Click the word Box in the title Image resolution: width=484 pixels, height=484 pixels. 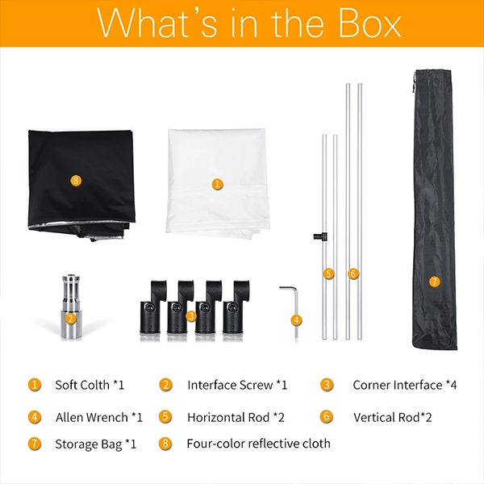pos(369,23)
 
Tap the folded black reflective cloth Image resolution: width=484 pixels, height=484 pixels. pos(81,185)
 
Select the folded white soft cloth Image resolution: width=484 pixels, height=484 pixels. pos(218,183)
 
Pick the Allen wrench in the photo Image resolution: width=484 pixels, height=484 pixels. pos(292,309)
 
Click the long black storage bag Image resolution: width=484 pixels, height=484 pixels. pos(434,210)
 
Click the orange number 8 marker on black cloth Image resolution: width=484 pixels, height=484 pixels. pos(76,180)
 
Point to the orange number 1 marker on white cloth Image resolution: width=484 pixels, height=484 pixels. pos(217,184)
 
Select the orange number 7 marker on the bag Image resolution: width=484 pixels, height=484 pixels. pos(435,282)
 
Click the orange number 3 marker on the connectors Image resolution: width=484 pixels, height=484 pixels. pos(191,316)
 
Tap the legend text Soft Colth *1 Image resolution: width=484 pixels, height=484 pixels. pos(90,385)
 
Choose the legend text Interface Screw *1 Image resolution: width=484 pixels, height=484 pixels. pos(237,385)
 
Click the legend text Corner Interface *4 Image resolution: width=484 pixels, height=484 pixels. pos(405,385)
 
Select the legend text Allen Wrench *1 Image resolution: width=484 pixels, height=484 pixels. pos(99,417)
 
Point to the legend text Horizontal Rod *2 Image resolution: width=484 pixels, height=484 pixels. pos(236,417)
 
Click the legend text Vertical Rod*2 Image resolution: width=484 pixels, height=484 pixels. pos(393,417)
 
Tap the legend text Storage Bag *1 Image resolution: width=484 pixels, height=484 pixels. pos(96,444)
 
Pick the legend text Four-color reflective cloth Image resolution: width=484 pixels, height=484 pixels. pos(259,444)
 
